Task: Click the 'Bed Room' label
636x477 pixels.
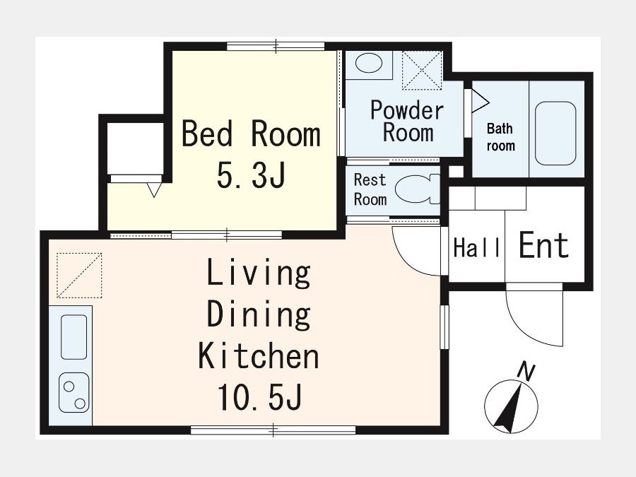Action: coord(251,134)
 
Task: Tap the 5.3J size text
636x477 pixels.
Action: coord(251,175)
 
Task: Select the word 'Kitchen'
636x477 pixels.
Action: coord(259,355)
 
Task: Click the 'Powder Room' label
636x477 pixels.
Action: coord(407,121)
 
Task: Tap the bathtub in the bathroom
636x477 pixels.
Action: coord(555,133)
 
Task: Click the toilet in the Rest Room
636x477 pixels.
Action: coord(417,189)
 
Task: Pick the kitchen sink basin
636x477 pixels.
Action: coord(73,337)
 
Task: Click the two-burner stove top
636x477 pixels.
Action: coord(73,393)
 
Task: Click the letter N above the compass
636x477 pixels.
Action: coord(527,372)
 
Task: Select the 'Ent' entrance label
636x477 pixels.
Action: coord(544,245)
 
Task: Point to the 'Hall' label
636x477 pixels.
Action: coord(476,247)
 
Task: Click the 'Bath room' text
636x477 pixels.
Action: coord(500,137)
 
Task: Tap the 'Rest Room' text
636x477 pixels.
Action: coord(370,189)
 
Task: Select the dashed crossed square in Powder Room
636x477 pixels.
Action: coord(422,70)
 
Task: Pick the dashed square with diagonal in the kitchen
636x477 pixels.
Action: coord(79,276)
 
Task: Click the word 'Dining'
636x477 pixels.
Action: coord(259,314)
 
